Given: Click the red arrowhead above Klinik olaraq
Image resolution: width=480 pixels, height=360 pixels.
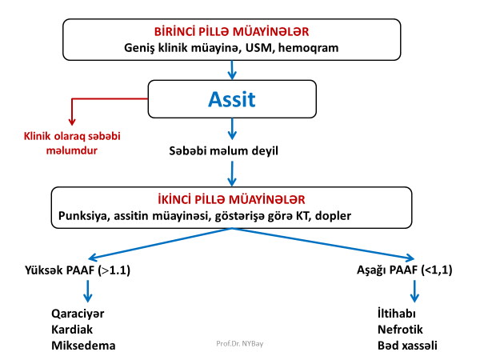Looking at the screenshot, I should click(x=72, y=119).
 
